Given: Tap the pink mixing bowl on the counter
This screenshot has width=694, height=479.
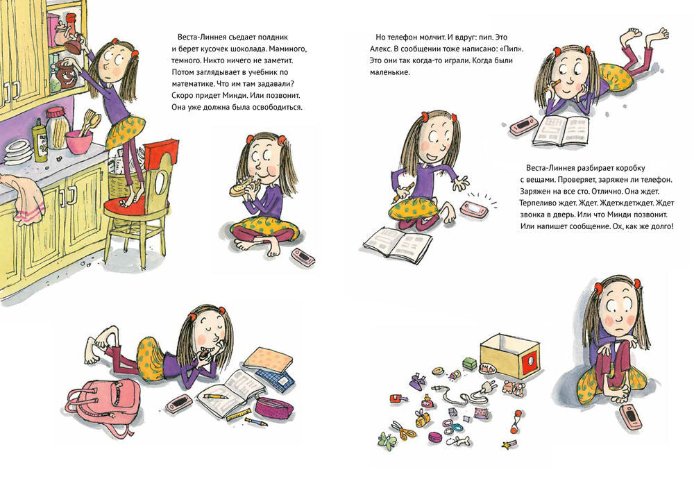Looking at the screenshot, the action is point(79,142).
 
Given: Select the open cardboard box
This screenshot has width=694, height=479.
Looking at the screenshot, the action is point(511,355).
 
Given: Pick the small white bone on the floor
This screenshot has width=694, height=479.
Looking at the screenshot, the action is point(461,441).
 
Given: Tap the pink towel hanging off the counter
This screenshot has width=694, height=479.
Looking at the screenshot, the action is point(26,199).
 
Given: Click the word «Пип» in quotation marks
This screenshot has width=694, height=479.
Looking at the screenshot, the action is point(510,49).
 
